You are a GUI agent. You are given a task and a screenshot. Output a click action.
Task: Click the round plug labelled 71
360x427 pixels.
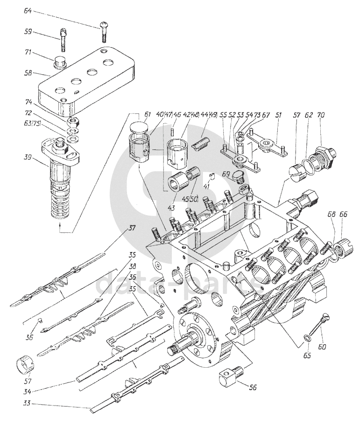pyautogui.click(x=60, y=61)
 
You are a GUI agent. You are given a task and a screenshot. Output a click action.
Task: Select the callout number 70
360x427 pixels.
pyautogui.click(x=322, y=114)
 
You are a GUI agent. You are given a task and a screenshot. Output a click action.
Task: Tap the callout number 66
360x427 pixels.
pyautogui.click(x=344, y=214)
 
